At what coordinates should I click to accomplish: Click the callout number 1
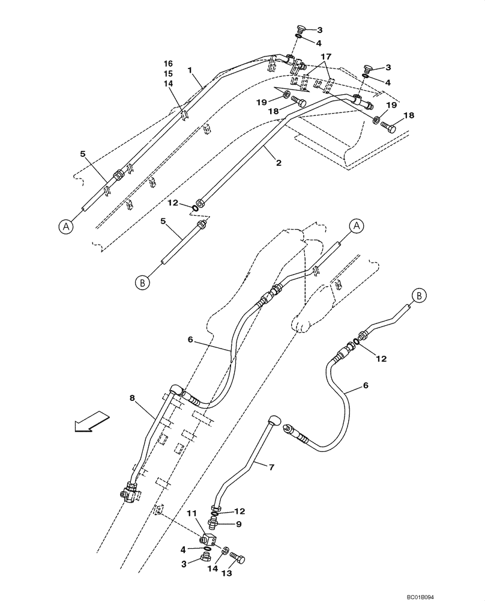[x=189, y=70]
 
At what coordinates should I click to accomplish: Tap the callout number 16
[x=168, y=64]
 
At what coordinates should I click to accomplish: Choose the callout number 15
[x=168, y=74]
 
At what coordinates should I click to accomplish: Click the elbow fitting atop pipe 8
[x=176, y=391]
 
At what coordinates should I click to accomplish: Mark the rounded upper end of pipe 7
[x=275, y=419]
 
